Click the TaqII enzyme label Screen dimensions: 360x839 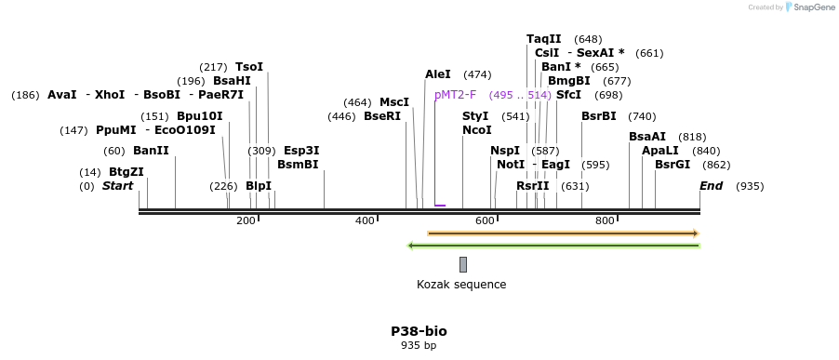[x=544, y=39]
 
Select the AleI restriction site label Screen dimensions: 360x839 [x=438, y=74]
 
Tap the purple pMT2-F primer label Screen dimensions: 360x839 [x=455, y=95]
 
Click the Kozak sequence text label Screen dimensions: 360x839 [x=461, y=285]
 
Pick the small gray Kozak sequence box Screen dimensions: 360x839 [x=463, y=265]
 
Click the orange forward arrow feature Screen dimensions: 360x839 [x=562, y=233]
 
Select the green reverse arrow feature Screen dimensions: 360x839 [x=553, y=246]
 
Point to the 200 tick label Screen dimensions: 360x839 [x=246, y=220]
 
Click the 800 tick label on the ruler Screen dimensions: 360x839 [x=605, y=220]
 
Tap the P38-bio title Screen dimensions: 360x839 [x=419, y=331]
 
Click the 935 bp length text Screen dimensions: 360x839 [x=419, y=346]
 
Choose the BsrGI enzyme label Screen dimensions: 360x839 [x=673, y=165]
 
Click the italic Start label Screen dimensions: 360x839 [x=117, y=186]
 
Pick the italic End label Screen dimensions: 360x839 [x=711, y=186]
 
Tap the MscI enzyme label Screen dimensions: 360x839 [x=394, y=102]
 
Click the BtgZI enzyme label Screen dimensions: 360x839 [x=126, y=172]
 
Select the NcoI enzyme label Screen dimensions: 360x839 [x=477, y=130]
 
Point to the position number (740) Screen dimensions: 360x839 [x=642, y=116]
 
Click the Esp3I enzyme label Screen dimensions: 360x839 [x=301, y=151]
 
